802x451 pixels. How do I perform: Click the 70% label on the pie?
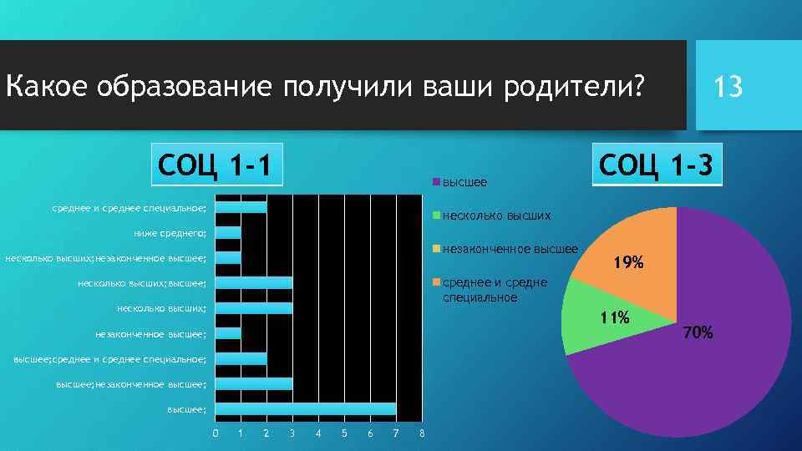(x=698, y=333)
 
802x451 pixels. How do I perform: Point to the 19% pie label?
(x=628, y=263)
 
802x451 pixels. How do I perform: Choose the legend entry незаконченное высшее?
(x=510, y=249)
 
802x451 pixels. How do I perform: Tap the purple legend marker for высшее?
(x=435, y=181)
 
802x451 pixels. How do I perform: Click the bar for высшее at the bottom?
(x=306, y=408)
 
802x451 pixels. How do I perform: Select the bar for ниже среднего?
(x=228, y=232)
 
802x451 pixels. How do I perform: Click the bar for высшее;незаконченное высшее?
(x=254, y=383)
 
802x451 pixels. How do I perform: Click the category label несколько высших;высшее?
(x=141, y=283)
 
